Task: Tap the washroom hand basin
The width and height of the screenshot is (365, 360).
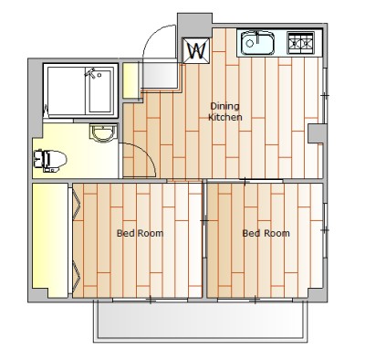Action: tap(104, 133)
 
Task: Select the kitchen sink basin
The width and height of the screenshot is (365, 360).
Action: tap(257, 43)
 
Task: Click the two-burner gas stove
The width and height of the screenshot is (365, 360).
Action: tap(300, 43)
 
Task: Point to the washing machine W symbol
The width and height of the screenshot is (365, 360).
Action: tap(196, 51)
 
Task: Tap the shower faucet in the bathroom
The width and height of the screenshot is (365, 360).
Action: tap(92, 73)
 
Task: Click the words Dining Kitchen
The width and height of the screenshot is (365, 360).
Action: tap(225, 111)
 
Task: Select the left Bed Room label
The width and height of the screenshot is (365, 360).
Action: tap(140, 233)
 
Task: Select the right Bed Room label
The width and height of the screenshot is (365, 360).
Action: tap(266, 233)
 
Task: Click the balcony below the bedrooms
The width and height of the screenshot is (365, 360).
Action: tap(200, 320)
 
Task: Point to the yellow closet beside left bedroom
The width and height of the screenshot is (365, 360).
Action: tap(50, 240)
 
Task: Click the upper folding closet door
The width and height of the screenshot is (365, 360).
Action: tap(77, 204)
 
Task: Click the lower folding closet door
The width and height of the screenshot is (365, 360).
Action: tap(77, 273)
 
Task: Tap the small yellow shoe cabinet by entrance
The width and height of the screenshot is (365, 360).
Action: tap(130, 79)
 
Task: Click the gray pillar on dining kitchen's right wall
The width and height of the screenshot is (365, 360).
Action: tap(317, 133)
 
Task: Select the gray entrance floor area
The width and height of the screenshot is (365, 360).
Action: tap(160, 75)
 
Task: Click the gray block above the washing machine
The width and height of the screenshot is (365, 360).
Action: tap(194, 25)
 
